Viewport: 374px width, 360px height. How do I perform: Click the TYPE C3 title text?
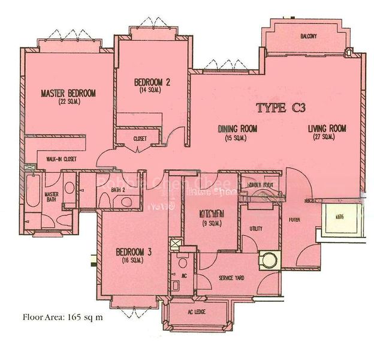click(281, 109)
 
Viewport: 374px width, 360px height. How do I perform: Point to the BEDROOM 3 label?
click(133, 252)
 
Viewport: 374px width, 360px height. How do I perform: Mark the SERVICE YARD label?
click(217, 278)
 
